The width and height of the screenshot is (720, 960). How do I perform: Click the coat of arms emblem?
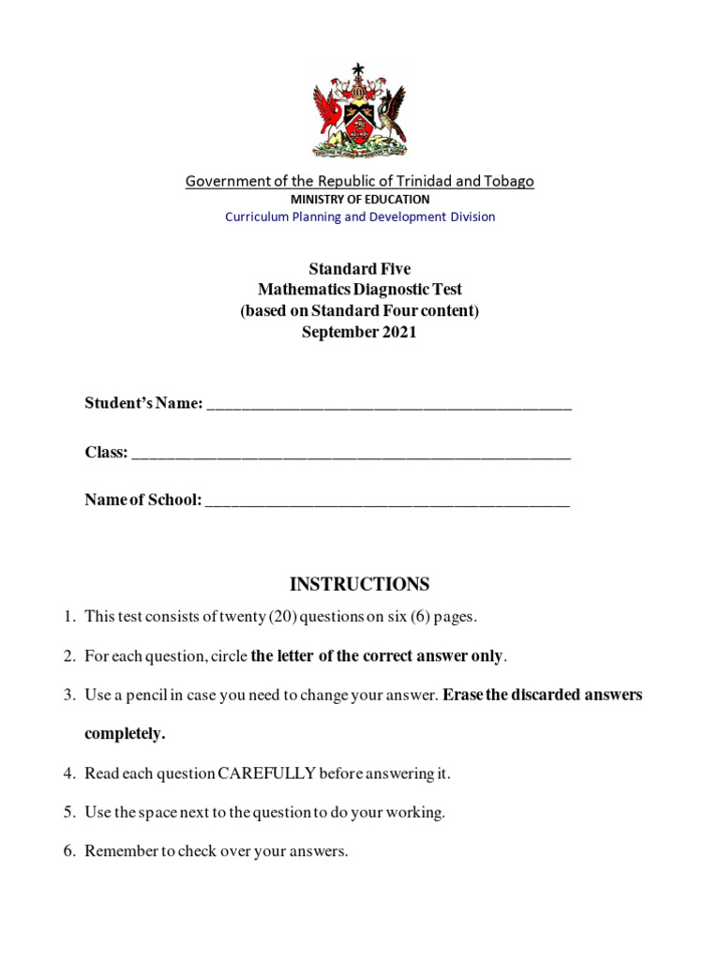point(359,111)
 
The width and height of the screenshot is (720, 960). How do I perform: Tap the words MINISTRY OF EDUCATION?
point(360,199)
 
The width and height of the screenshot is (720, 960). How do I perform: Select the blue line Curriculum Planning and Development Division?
point(360,217)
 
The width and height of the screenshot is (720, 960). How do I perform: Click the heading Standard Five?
point(360,269)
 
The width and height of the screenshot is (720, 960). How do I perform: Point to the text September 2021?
point(360,333)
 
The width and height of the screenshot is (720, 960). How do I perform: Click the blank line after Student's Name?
point(388,405)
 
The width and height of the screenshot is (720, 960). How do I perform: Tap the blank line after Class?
point(351,454)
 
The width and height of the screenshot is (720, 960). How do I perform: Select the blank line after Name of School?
point(386,502)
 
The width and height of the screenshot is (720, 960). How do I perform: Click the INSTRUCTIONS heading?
point(360,584)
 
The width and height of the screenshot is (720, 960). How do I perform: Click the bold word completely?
point(125,734)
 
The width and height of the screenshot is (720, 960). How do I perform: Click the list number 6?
point(68,851)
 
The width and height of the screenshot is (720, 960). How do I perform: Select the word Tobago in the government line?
point(510,181)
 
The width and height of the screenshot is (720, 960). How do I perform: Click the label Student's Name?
point(143,403)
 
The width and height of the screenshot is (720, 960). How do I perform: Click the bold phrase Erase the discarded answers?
point(543,696)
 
